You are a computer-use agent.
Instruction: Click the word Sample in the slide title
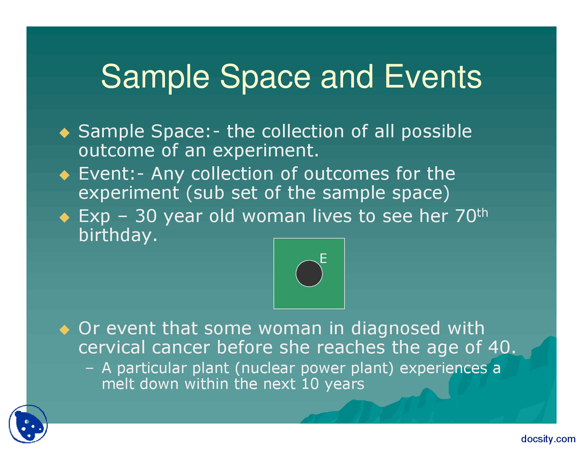[x=155, y=78]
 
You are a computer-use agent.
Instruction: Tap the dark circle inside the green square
[x=309, y=273]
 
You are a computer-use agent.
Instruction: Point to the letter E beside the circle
[x=323, y=258]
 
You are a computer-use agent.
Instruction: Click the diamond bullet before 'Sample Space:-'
[x=64, y=133]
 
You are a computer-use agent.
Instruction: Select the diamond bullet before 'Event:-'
[x=64, y=175]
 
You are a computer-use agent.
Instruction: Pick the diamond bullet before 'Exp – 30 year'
[x=64, y=217]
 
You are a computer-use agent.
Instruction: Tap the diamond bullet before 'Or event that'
[x=64, y=329]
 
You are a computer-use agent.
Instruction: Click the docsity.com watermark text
[x=548, y=439]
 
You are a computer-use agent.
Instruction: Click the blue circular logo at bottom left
[x=28, y=424]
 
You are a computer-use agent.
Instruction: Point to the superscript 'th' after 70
[x=482, y=213]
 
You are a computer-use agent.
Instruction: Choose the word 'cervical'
[x=112, y=347]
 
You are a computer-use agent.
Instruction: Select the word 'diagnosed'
[x=395, y=329]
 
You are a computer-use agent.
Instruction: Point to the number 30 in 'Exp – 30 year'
[x=146, y=216]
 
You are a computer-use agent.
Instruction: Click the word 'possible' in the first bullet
[x=436, y=132]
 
